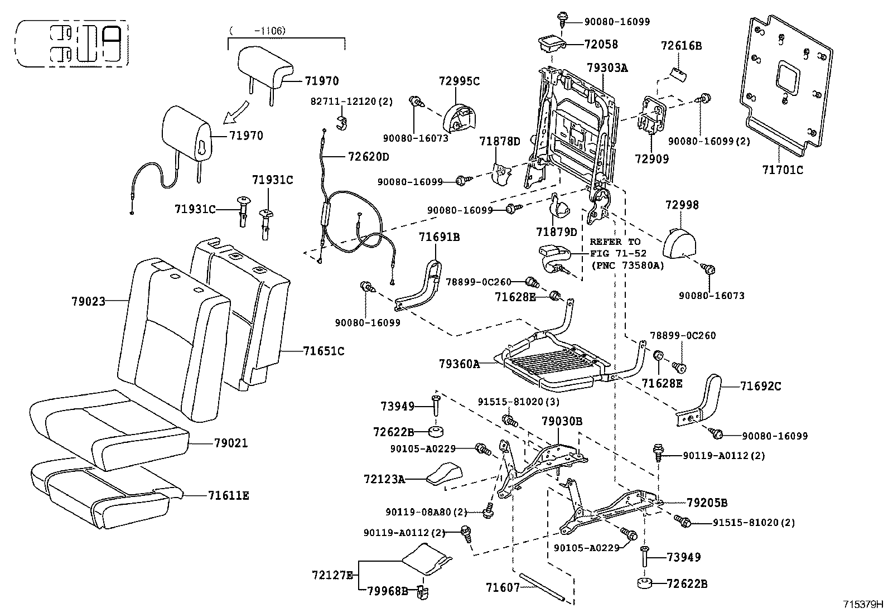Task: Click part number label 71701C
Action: [x=783, y=170]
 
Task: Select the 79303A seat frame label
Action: [x=607, y=68]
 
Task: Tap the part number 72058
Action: [x=601, y=45]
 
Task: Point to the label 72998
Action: [x=682, y=205]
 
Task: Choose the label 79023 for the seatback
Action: [x=88, y=301]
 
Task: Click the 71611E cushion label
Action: [x=229, y=495]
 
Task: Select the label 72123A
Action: [x=384, y=479]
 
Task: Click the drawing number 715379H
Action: [x=863, y=604]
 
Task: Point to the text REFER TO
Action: [x=615, y=242]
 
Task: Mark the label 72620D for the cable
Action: [x=368, y=157]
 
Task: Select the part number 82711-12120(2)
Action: [x=351, y=102]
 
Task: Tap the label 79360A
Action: [x=459, y=364]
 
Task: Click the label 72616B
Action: [x=682, y=46]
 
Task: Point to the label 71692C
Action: [x=761, y=385]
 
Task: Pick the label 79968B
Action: [x=388, y=591]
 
